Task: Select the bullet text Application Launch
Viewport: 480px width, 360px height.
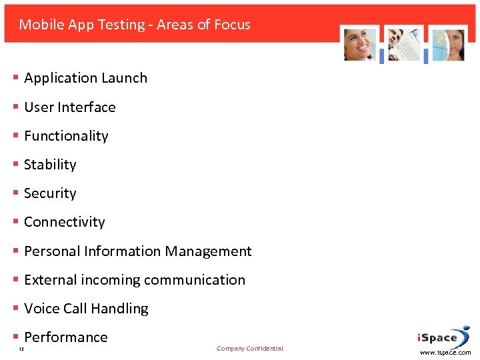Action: (x=85, y=78)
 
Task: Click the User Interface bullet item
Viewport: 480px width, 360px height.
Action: (x=69, y=107)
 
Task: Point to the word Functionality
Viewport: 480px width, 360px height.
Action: (x=66, y=136)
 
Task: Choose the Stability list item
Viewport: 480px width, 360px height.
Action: (x=50, y=165)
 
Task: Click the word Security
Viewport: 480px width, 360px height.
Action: (x=50, y=193)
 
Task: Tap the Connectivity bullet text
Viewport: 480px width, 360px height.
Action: (x=64, y=222)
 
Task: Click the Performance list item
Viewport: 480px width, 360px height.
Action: (x=65, y=337)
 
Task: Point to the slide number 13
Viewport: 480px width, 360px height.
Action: (x=21, y=349)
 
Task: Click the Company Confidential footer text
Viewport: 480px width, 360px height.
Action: (x=250, y=349)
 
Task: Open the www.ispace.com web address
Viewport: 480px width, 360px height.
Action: (x=445, y=353)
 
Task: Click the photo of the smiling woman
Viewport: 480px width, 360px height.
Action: (x=360, y=45)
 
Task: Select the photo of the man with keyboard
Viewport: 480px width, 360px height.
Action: (x=404, y=45)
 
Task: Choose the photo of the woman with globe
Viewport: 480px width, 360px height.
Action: (x=447, y=45)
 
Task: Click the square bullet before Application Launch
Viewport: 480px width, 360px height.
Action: (x=15, y=78)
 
